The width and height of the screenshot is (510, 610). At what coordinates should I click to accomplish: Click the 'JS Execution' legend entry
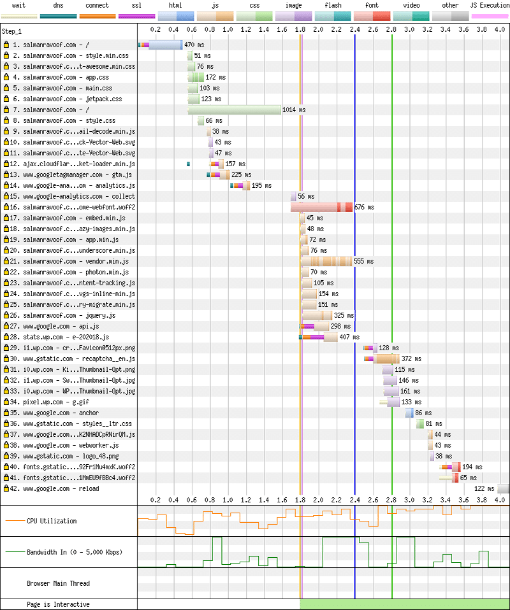pyautogui.click(x=490, y=5)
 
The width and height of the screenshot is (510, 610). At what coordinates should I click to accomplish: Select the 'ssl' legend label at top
pyautogui.click(x=136, y=5)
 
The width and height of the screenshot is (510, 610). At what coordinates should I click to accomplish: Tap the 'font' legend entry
pyautogui.click(x=372, y=5)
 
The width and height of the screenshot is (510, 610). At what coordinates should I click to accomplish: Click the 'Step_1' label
pyautogui.click(x=12, y=31)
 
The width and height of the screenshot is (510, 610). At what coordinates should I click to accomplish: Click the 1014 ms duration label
pyautogui.click(x=294, y=110)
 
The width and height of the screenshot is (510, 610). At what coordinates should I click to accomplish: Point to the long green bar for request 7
pyautogui.click(x=234, y=110)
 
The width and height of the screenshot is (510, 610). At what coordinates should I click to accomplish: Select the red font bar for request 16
pyautogui.click(x=321, y=208)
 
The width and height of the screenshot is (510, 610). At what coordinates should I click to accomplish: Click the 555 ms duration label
pyautogui.click(x=364, y=262)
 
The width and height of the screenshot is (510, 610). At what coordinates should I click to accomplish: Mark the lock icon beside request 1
pyautogui.click(x=6, y=45)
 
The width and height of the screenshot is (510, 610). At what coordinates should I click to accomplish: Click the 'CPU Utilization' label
pyautogui.click(x=51, y=521)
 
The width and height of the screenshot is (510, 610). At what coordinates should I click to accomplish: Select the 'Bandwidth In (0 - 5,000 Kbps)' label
pyautogui.click(x=75, y=551)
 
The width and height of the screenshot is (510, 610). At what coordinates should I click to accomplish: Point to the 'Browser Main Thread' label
pyautogui.click(x=58, y=583)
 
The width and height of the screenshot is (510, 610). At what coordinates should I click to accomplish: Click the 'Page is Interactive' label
pyautogui.click(x=58, y=604)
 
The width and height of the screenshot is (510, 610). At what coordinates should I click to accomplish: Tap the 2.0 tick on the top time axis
pyautogui.click(x=319, y=29)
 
